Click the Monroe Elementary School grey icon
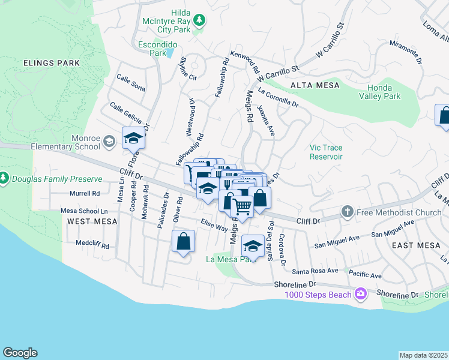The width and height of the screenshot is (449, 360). click(x=109, y=142)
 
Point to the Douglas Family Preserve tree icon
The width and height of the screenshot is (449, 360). click(x=4, y=178)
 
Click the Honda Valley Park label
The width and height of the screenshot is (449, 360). click(x=379, y=92)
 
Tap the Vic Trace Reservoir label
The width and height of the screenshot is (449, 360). click(x=325, y=152)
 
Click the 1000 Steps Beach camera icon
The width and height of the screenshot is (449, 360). click(x=360, y=293)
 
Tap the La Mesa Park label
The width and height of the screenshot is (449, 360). click(x=227, y=260)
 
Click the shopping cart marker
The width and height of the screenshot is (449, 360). click(x=243, y=207)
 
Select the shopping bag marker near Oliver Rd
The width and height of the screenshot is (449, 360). click(x=184, y=242)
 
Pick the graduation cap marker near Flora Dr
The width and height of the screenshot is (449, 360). click(x=133, y=139)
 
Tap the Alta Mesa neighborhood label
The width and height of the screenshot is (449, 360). click(x=311, y=86)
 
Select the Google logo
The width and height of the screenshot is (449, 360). click(x=20, y=353)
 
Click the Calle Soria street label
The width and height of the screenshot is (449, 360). click(x=131, y=83)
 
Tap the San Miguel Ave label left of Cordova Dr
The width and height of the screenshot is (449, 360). click(x=337, y=242)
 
